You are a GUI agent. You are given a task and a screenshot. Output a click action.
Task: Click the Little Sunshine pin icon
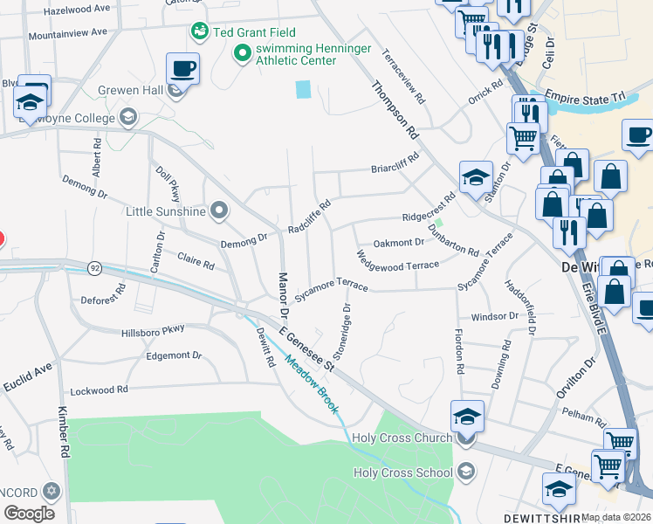pyautogui.click(x=219, y=210)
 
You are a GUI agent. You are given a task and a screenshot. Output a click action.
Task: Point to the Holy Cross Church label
pyautogui.click(x=402, y=438)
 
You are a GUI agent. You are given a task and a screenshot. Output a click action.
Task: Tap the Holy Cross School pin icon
pyautogui.click(x=465, y=472)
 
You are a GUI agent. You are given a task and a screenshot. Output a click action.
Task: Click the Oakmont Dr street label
pyautogui.click(x=398, y=243)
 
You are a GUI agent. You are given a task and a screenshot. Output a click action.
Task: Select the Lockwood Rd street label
pyautogui.click(x=99, y=390)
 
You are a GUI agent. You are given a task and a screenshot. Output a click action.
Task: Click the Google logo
pyautogui.click(x=29, y=514)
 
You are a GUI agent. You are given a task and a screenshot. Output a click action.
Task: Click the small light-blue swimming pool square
pyautogui.click(x=303, y=89)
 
